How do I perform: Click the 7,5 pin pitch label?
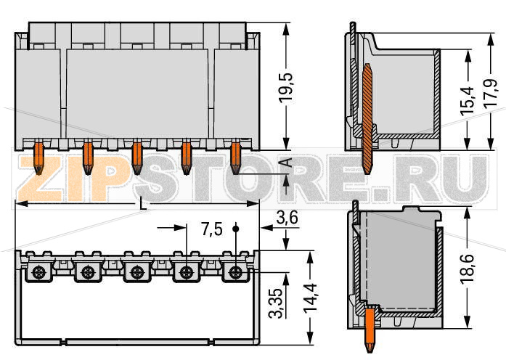tap(211, 230)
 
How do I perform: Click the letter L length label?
tap(143, 205)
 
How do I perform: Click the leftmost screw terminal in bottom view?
tap(38, 273)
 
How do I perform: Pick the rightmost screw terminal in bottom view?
tap(235, 273)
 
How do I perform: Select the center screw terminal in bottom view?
tap(136, 273)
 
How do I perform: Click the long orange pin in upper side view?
tap(368, 116)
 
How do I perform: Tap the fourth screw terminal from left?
tap(186, 273)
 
